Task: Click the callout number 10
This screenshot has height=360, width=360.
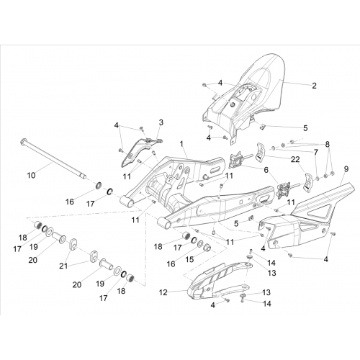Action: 31,176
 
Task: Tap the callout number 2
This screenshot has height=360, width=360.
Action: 314,86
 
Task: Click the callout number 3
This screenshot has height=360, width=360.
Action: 161,122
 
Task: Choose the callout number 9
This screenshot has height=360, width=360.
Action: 346,169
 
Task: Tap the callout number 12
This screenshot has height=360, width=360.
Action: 163,292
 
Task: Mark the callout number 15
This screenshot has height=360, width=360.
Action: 190,259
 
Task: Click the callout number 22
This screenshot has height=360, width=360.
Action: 295,159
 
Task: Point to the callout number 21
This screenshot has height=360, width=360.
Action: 63,266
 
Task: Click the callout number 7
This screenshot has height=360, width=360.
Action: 316,152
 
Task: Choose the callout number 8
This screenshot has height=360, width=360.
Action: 328,144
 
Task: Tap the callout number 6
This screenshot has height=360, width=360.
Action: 266,170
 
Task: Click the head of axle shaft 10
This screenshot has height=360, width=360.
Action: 23,140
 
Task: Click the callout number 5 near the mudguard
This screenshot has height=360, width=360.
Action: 305,128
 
